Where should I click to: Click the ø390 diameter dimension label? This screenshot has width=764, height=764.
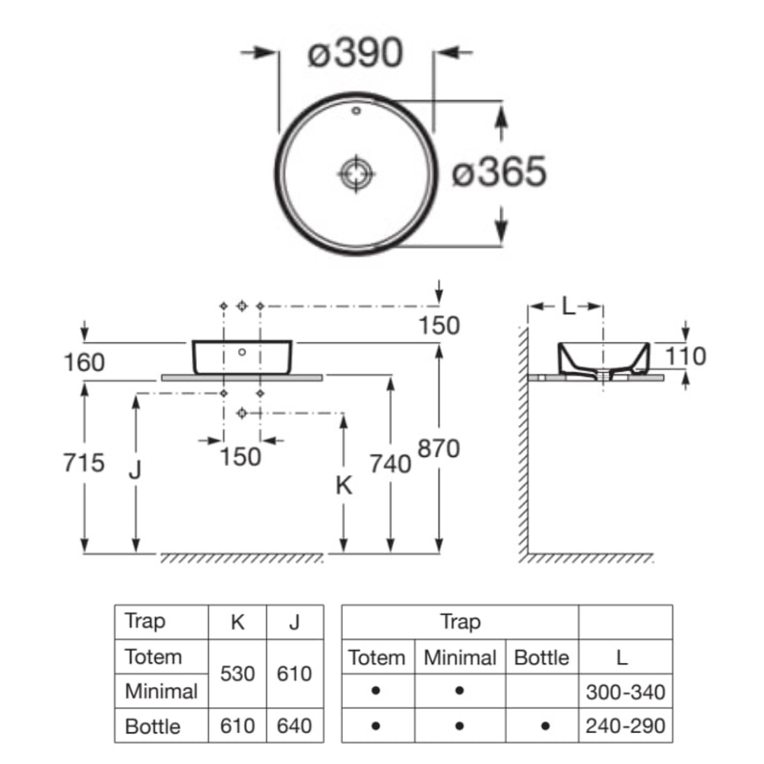click(355, 54)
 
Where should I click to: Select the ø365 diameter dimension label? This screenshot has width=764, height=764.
click(499, 173)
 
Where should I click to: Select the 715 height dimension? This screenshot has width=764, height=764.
click(83, 461)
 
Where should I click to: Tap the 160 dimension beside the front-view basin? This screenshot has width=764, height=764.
click(83, 362)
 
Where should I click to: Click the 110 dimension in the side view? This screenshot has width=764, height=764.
click(684, 355)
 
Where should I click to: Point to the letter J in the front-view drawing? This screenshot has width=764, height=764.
click(135, 471)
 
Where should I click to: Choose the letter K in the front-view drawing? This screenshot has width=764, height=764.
click(344, 486)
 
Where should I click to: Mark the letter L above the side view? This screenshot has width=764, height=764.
click(567, 307)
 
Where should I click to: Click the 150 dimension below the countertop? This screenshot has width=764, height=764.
click(241, 457)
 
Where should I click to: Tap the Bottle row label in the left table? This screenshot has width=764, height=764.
click(153, 726)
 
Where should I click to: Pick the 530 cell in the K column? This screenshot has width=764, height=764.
click(238, 674)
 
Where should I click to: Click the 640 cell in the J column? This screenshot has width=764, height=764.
click(295, 726)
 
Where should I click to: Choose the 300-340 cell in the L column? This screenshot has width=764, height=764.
click(625, 692)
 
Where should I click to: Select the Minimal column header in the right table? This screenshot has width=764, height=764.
click(460, 657)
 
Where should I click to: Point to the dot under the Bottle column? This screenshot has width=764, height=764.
click(545, 726)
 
